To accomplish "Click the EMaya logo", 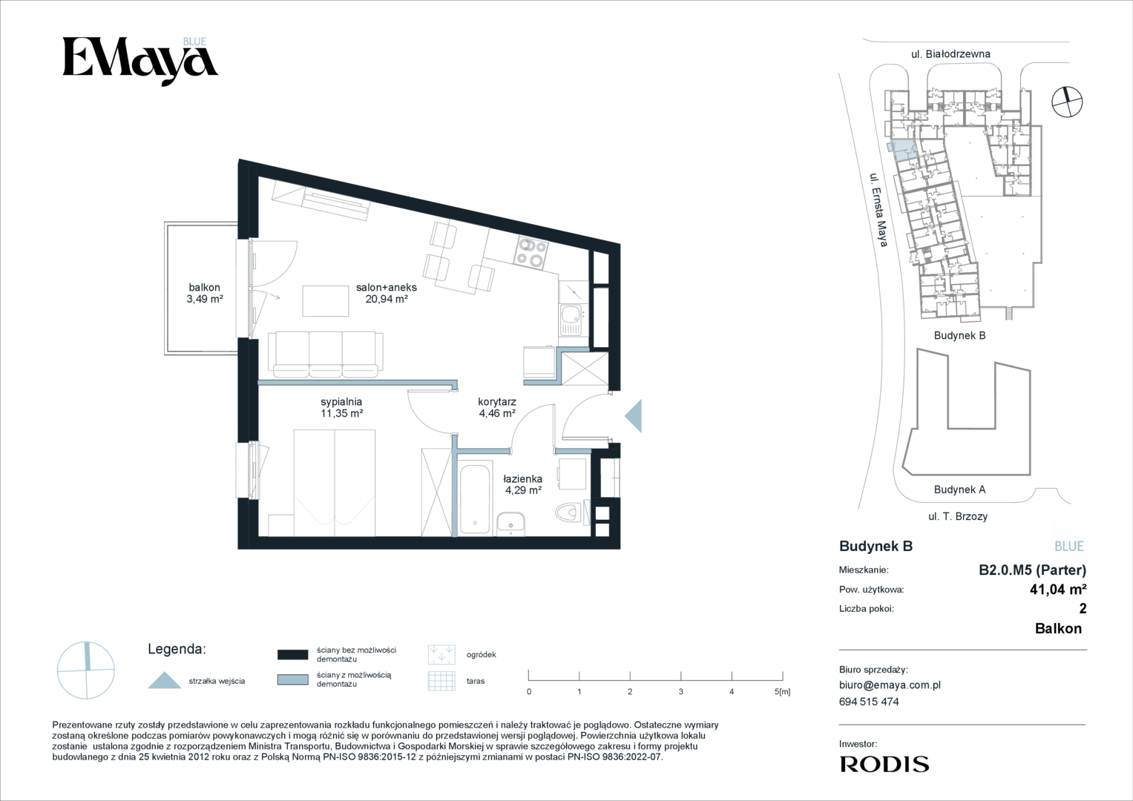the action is pos(140,62).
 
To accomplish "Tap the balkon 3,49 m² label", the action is pos(204,293).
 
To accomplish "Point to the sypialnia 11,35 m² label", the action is pos(341,408).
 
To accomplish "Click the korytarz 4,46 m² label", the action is pos(496,408).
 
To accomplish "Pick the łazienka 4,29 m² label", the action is pos(523,484).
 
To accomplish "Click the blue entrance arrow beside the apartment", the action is pos(634,415).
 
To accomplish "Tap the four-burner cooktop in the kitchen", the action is pos(531,253).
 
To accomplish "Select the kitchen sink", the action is pos(571,320).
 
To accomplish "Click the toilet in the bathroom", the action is pos(570,513).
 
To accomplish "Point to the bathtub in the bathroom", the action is pos(475,498).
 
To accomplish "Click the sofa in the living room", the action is pos(326,355).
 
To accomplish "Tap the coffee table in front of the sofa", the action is pos(326,301).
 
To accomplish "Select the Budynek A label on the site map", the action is pos(959,489).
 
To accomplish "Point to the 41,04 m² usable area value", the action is pos(1058,589).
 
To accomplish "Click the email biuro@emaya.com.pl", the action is pos(890,685).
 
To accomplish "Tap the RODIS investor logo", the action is pos(884,764).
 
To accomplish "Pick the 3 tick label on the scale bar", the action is pos(681,692).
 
